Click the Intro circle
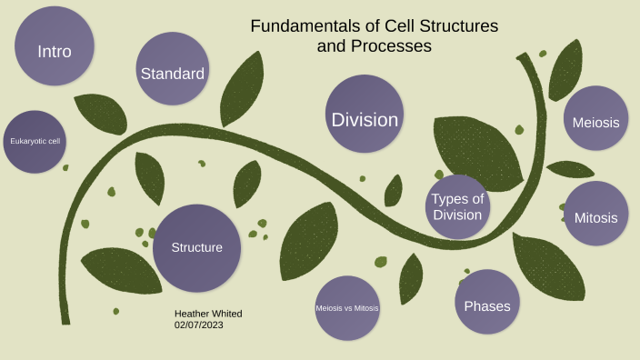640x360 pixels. (x=55, y=47)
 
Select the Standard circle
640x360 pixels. (x=173, y=71)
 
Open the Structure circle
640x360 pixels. (x=196, y=247)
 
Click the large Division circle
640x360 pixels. (x=365, y=115)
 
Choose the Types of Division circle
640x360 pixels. (x=457, y=206)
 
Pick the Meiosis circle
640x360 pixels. (x=596, y=119)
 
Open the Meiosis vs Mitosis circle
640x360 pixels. (x=346, y=308)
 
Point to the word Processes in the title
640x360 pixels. (x=394, y=45)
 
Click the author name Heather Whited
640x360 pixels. (x=208, y=314)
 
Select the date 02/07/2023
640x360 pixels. (x=199, y=325)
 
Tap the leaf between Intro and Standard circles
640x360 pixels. (x=100, y=113)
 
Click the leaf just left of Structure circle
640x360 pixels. (x=120, y=268)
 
